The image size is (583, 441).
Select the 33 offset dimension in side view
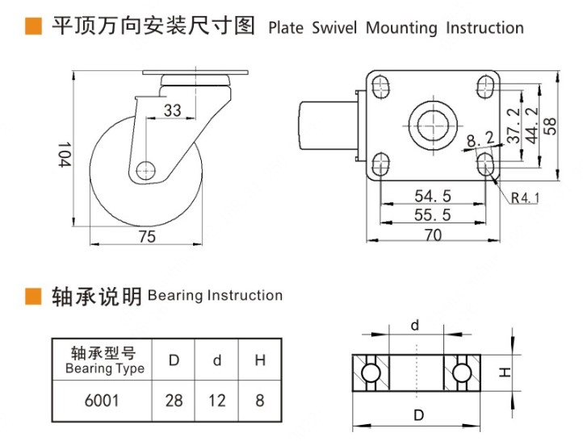point(171,110)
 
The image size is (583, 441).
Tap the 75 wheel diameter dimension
point(146,235)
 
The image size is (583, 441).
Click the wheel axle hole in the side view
point(145,170)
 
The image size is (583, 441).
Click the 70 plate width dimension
point(433,235)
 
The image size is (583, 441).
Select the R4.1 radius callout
point(524,196)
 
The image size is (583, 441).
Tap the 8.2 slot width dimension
point(480,143)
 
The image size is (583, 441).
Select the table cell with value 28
point(174,400)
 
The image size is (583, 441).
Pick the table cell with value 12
point(216,400)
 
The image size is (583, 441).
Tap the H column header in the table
point(260,360)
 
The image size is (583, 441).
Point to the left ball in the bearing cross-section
point(370,372)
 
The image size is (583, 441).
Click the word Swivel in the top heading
point(334,27)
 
